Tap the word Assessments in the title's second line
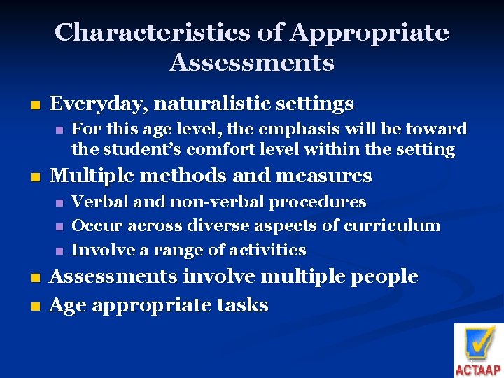tap(251, 63)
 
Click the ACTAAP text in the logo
tap(478, 369)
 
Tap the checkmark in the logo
tap(479, 343)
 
